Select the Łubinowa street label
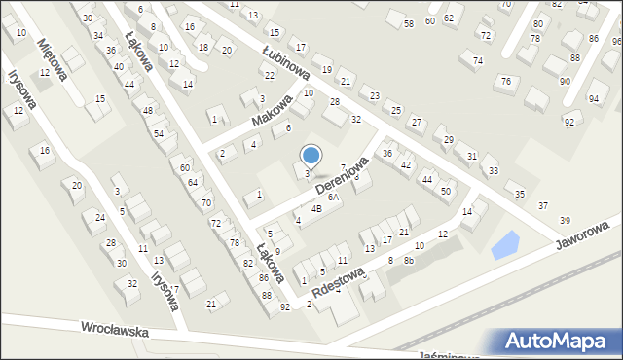(285, 61)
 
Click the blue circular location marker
(311, 154)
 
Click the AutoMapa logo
(554, 341)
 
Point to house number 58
(409, 23)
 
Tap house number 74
(478, 60)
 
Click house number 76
(505, 81)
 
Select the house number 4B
(316, 208)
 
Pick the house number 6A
(333, 197)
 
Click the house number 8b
(409, 260)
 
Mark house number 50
(445, 192)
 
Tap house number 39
(565, 221)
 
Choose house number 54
(158, 132)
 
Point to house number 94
(594, 99)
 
